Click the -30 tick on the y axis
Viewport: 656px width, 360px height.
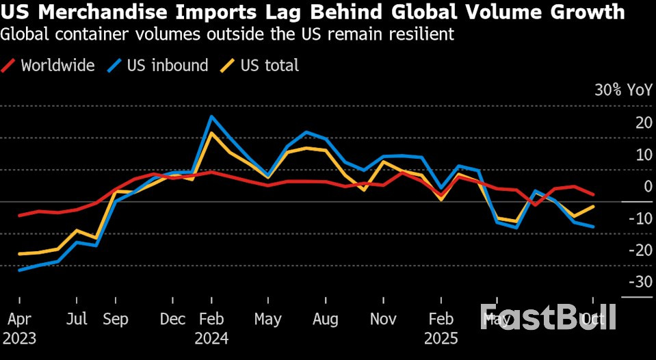coord(641,282)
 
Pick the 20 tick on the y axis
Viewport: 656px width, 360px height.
coord(642,123)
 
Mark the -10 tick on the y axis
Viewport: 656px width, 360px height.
coord(641,218)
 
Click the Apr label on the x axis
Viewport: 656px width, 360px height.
coord(18,320)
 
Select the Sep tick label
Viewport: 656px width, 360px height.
coord(116,320)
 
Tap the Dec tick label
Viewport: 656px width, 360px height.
coord(172,320)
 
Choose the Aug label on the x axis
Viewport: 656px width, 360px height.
coord(326,320)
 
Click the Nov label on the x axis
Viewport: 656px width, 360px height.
coord(384,320)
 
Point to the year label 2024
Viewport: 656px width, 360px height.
coord(211,339)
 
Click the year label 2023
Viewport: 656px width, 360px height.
coord(20,339)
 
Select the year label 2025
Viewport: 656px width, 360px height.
coord(441,339)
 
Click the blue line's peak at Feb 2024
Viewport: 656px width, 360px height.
coord(212,116)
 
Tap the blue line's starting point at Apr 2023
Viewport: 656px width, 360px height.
coord(19,270)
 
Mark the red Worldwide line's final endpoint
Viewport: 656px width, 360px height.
coord(593,194)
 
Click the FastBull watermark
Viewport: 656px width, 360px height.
coord(548,317)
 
